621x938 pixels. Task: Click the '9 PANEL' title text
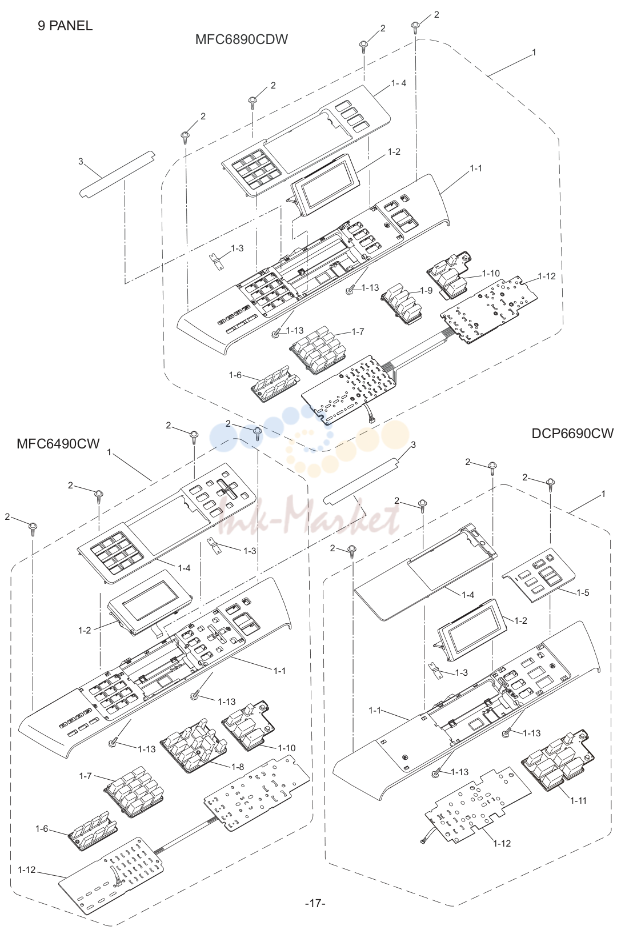point(65,26)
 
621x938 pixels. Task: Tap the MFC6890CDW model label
point(242,39)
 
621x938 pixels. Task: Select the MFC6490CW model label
point(58,444)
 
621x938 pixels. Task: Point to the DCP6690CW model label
point(572,434)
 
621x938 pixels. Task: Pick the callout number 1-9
point(426,291)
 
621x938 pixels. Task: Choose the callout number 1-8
point(238,767)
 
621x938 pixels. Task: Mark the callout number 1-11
point(578,801)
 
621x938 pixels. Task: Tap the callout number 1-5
point(583,592)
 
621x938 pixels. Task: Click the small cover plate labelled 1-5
point(539,575)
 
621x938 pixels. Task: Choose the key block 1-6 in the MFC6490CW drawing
point(93,827)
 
